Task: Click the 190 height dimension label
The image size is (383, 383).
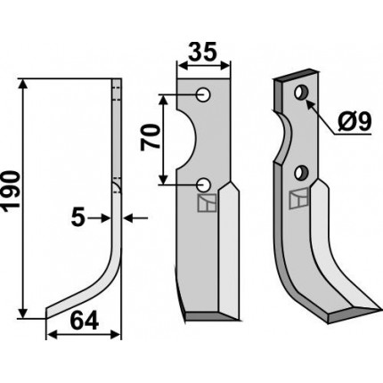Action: click(x=11, y=191)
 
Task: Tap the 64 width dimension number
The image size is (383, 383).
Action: click(x=84, y=322)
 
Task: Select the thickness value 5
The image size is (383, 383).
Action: click(x=78, y=218)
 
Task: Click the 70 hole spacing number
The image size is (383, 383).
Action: click(x=151, y=137)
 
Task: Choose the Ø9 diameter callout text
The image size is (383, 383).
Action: click(x=354, y=122)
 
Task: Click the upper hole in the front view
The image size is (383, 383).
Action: click(x=204, y=95)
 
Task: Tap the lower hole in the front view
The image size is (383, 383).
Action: click(x=204, y=185)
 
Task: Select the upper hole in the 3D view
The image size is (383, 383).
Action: click(x=301, y=93)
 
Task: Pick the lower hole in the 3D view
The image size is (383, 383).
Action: click(x=301, y=173)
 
